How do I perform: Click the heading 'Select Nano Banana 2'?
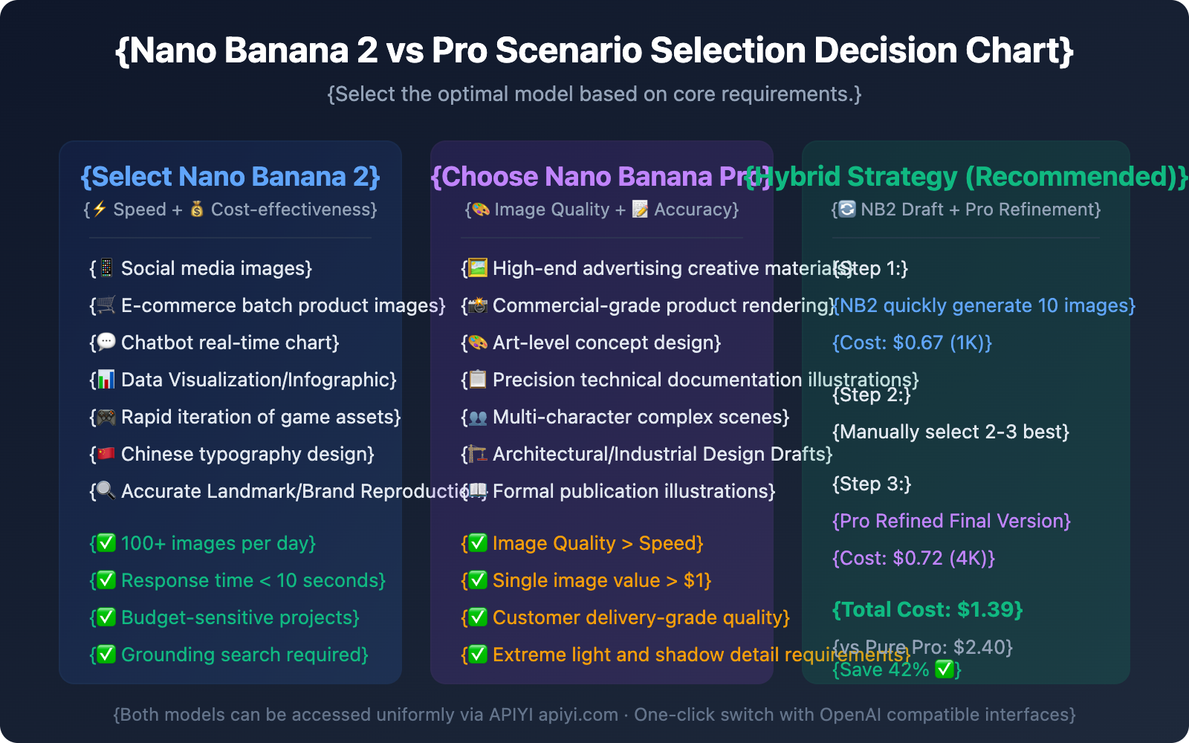(230, 177)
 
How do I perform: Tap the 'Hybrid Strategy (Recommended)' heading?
(966, 177)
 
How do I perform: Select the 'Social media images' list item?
(216, 268)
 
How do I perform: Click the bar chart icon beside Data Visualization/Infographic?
(106, 380)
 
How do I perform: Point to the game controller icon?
(106, 417)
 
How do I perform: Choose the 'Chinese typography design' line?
(247, 454)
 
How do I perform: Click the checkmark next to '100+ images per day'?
(106, 543)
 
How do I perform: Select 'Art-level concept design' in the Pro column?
(605, 343)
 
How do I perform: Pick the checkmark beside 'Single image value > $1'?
(478, 580)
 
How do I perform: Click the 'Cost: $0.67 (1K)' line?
(912, 343)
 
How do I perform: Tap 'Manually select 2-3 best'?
(950, 432)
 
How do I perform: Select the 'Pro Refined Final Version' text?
(951, 521)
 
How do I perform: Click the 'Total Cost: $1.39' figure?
(927, 610)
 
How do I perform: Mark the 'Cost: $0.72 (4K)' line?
(913, 558)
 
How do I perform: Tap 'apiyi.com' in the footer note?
(578, 715)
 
